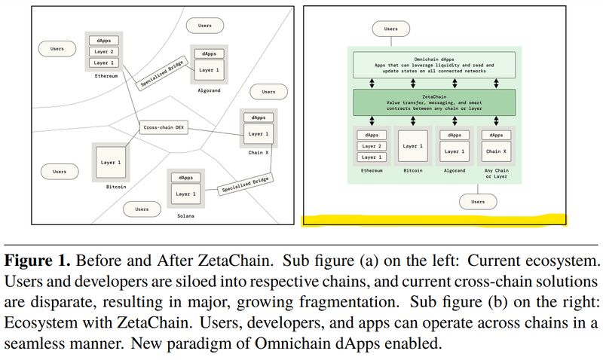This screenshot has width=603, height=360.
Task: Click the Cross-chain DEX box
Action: point(164,127)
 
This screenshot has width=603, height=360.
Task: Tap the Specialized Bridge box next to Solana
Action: point(244,186)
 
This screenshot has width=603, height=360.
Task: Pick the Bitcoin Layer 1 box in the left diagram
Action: point(112,162)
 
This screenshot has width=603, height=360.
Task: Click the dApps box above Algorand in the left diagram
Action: point(209,54)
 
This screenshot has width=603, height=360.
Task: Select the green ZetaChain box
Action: point(434,102)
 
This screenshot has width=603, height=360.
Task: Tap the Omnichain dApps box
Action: point(434,66)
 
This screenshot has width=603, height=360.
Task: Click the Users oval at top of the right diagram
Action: point(390,29)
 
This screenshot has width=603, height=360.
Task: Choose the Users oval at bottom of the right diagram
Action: point(478,202)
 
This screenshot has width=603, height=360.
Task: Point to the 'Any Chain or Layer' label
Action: point(496,174)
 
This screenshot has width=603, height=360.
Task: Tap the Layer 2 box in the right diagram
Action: point(371,146)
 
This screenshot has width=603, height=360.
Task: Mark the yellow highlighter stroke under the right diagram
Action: point(434,220)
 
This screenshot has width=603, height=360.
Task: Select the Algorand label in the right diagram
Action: point(455,171)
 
